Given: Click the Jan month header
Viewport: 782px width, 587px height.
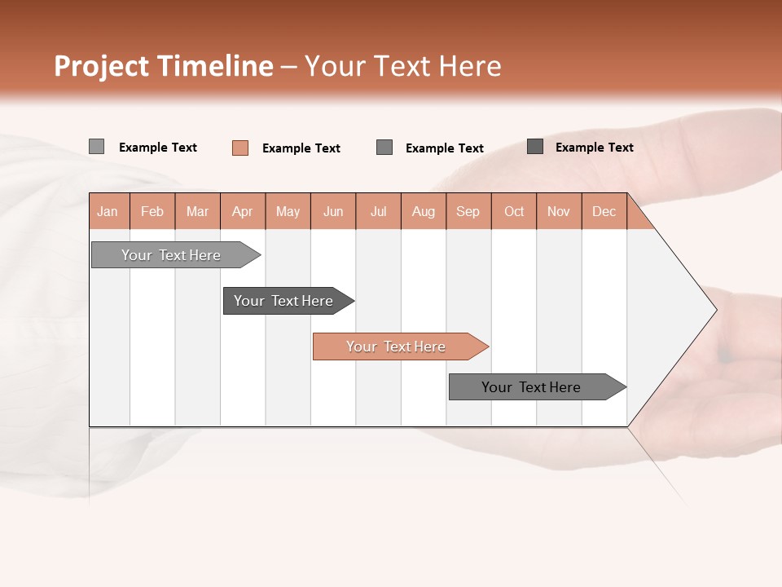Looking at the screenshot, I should tap(108, 211).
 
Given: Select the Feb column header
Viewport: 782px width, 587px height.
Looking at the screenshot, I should tap(152, 211).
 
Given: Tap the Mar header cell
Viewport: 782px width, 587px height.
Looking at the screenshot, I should tap(197, 211).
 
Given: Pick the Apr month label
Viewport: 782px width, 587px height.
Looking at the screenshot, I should tap(243, 211).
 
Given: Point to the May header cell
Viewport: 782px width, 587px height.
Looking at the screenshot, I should tap(288, 211).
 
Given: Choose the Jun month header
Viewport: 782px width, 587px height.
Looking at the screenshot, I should tap(333, 211).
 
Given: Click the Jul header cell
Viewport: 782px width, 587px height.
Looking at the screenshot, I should tap(378, 211).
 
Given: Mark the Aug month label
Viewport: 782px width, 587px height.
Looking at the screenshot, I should tap(424, 211).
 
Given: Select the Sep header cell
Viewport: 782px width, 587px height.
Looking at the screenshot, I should tap(468, 211).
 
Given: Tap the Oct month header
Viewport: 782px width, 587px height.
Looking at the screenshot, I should tap(514, 211).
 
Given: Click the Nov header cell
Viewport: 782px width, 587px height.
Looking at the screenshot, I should tap(559, 211).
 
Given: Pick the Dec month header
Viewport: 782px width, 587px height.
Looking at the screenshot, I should tap(604, 211).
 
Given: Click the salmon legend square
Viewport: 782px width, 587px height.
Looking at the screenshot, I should tap(240, 148).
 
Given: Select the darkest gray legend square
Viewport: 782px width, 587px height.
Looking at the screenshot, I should tap(535, 147).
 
